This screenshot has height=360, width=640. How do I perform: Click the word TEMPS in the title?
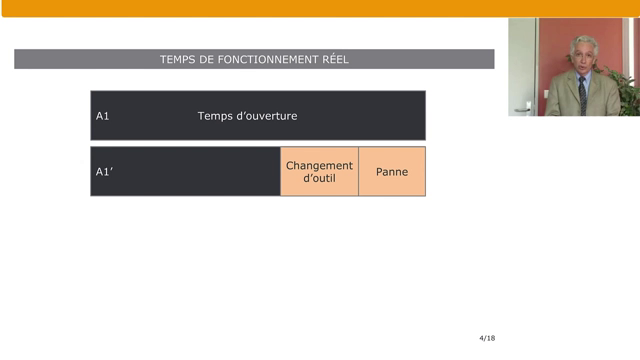(177, 60)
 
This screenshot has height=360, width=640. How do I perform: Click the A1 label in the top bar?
(102, 116)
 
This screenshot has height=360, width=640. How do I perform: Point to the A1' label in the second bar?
(104, 172)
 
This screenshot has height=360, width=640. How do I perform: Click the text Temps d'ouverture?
(247, 116)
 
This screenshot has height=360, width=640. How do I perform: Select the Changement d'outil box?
(319, 172)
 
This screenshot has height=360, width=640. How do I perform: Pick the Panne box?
(392, 172)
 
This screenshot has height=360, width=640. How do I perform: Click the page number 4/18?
(487, 338)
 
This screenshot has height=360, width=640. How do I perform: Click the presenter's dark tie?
(583, 94)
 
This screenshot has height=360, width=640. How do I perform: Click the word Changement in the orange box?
(319, 165)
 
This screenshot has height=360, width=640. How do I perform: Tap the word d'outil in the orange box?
(319, 179)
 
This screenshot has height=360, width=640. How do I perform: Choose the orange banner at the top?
(320, 7)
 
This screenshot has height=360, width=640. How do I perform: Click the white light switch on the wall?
(546, 93)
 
